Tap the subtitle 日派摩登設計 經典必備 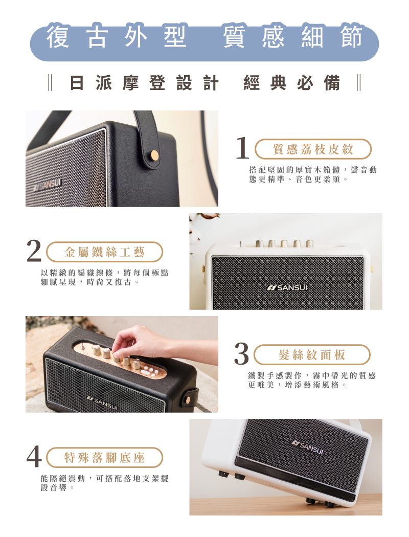click(204, 83)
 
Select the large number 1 click(242, 148)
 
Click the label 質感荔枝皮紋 click(313, 149)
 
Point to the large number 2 click(34, 251)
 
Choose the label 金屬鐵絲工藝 click(104, 252)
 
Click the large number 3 click(241, 354)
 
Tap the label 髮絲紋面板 click(312, 355)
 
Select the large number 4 click(34, 457)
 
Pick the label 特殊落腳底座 click(104, 458)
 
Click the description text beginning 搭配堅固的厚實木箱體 click(313, 174)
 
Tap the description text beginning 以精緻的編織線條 click(104, 277)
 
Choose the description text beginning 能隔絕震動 click(104, 483)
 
